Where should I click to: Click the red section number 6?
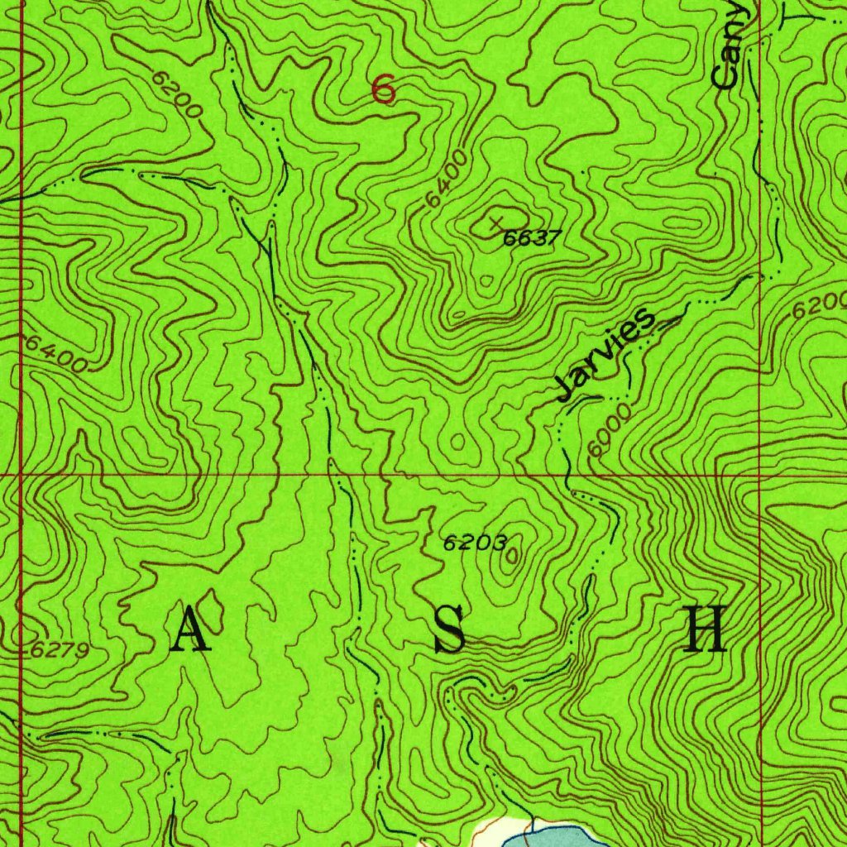click(383, 89)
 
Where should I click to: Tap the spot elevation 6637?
click(533, 238)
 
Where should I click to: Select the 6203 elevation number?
click(474, 543)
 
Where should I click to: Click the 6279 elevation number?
click(60, 650)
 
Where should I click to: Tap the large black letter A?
click(191, 630)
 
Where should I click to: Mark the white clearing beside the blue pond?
click(496, 831)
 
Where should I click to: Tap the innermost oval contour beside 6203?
click(510, 557)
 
